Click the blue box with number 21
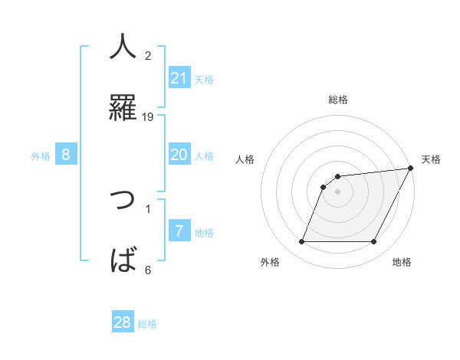(179, 78)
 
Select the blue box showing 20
(179, 155)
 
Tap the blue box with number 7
(179, 231)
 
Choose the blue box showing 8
(66, 155)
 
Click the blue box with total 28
(123, 322)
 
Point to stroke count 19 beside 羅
(148, 116)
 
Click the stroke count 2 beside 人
(148, 55)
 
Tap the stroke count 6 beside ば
(148, 270)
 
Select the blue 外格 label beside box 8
(41, 156)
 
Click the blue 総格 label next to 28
(147, 324)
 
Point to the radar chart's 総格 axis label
(338, 100)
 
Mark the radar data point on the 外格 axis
(301, 242)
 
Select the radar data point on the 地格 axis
(373, 242)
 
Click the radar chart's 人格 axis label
(245, 159)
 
